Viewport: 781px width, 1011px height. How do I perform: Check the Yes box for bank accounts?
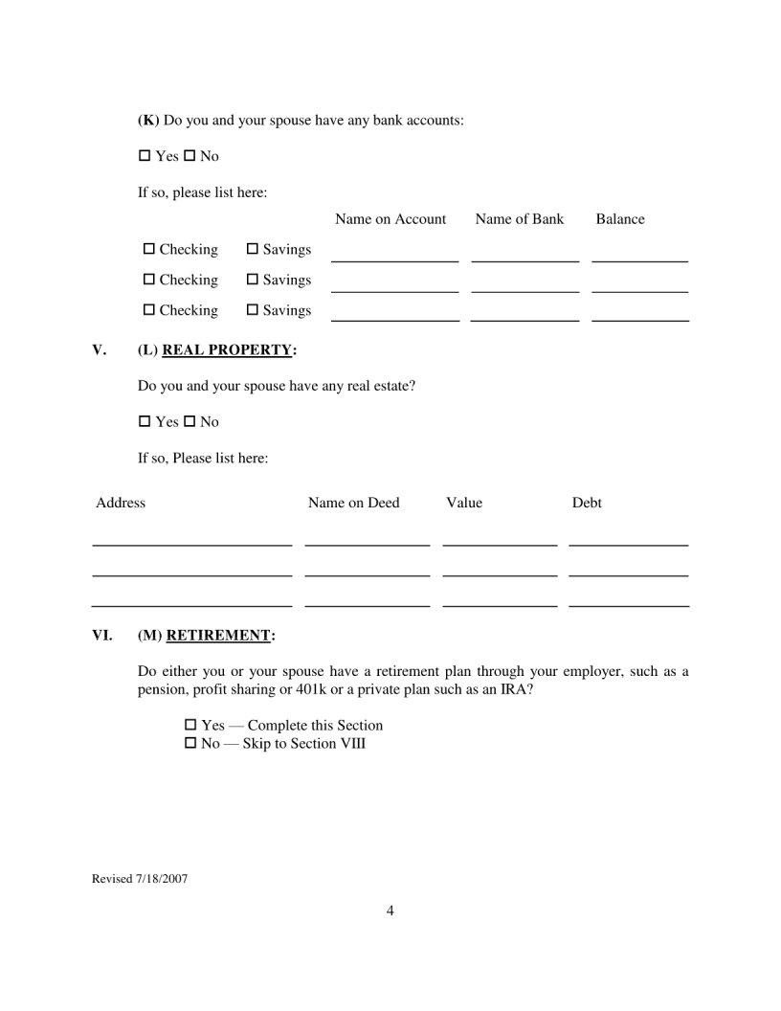145,156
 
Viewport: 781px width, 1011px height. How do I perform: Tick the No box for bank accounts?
190,156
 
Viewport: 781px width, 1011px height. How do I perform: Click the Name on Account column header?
390,219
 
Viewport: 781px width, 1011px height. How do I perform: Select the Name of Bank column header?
519,219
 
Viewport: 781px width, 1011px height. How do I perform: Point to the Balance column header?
619,219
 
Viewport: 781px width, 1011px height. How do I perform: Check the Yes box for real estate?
145,421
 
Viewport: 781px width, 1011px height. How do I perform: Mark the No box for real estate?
190,421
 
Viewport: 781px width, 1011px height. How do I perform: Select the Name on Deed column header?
353,503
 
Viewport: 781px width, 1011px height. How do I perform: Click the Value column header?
463,503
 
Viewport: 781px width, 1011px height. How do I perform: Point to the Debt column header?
586,503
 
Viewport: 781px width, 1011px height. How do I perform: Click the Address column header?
121,503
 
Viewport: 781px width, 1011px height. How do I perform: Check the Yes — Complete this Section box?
190,726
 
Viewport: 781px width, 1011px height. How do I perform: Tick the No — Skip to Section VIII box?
190,744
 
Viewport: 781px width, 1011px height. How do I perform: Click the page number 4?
390,910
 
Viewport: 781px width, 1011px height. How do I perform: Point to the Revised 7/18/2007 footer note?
140,879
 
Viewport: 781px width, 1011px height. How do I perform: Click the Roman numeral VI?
101,635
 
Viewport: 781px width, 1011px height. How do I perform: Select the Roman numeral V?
99,350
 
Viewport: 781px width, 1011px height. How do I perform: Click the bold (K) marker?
148,121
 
